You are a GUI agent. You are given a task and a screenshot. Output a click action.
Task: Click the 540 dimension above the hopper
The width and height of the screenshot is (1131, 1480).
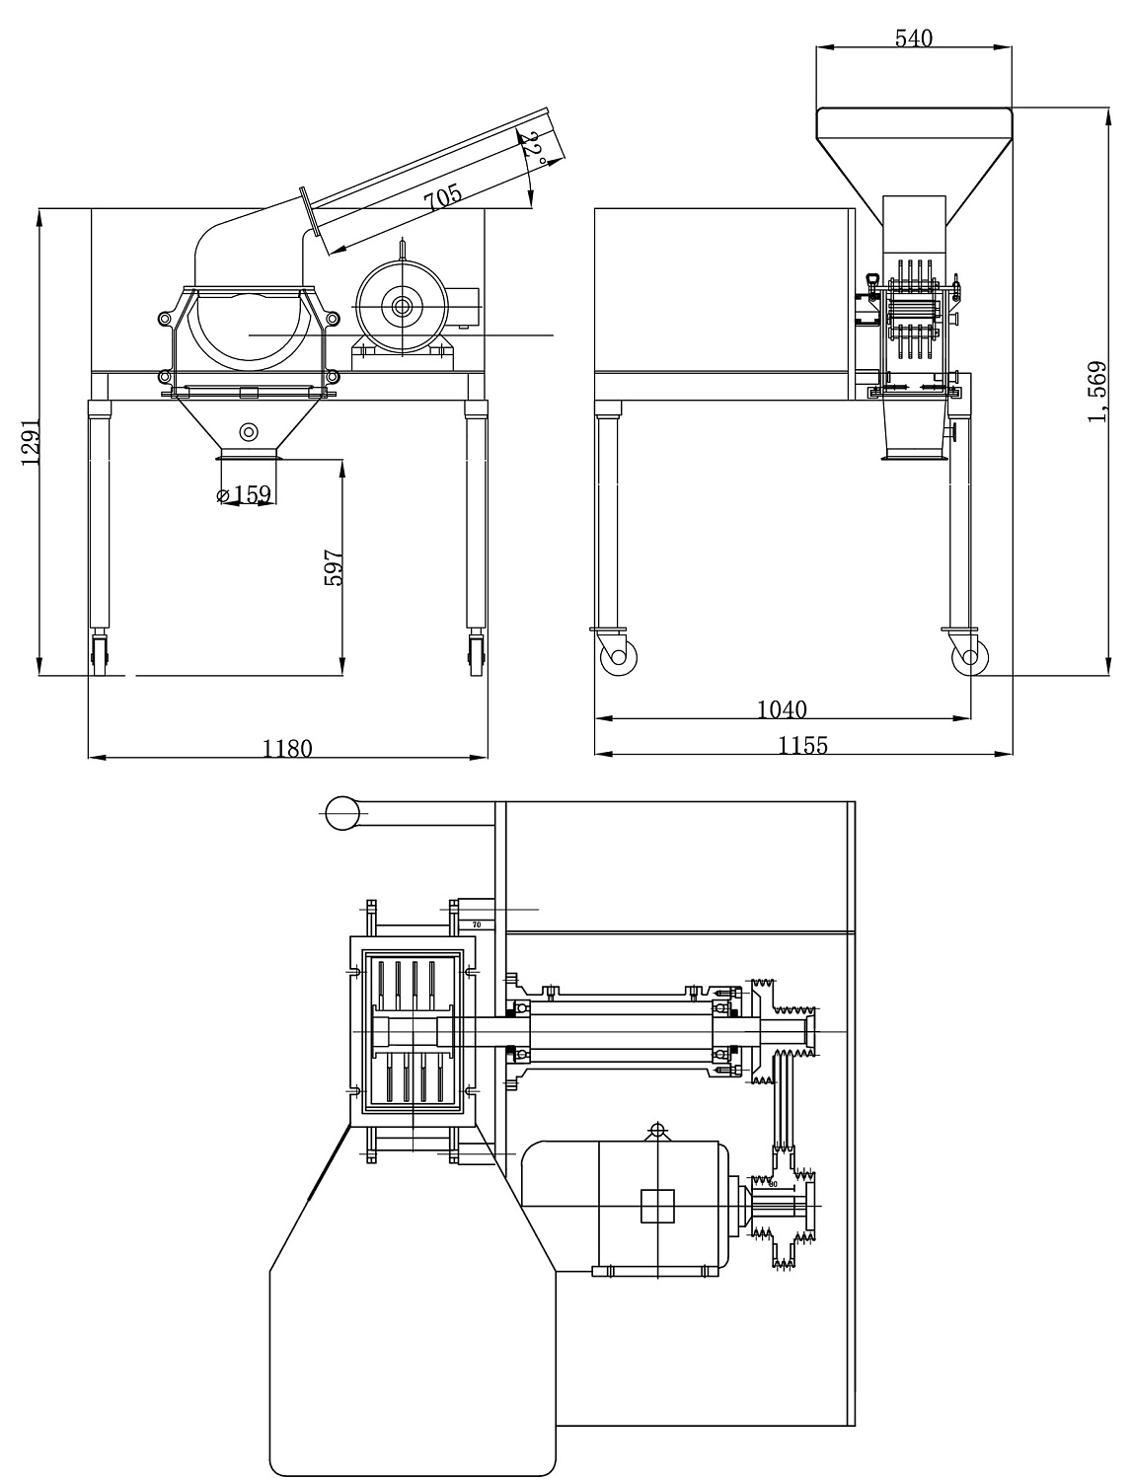tap(913, 38)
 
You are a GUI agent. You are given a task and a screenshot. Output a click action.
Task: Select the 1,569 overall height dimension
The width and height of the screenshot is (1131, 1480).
tap(1096, 392)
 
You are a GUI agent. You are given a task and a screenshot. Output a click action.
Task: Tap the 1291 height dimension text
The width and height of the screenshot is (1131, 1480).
tap(31, 441)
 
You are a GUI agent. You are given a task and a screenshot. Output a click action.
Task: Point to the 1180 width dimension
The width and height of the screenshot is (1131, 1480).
tap(287, 748)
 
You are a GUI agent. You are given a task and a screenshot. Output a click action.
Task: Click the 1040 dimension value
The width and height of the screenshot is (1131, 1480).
tap(782, 708)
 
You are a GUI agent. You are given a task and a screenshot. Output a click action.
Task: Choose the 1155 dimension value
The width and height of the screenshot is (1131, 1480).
tap(802, 746)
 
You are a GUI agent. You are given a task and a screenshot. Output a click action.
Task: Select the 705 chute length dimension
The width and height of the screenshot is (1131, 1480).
tap(443, 197)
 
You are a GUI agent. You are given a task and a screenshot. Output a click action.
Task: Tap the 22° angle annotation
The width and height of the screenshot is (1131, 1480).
tap(533, 148)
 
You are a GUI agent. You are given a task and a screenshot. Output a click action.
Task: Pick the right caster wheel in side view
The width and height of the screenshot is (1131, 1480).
tap(968, 656)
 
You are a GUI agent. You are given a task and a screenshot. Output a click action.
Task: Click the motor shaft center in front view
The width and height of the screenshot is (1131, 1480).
tap(403, 307)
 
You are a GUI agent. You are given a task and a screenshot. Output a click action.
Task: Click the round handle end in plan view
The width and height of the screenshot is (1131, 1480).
tap(341, 813)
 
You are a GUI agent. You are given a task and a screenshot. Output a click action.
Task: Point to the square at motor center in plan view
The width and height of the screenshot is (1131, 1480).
tap(657, 1206)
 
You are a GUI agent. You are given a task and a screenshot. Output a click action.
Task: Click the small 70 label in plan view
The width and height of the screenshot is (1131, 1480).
tap(476, 925)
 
